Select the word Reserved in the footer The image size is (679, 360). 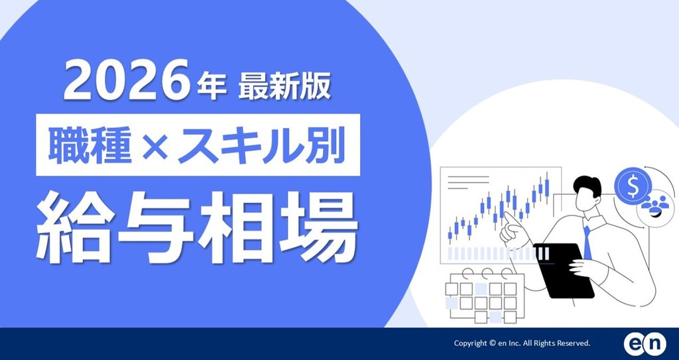coord(572,343)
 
